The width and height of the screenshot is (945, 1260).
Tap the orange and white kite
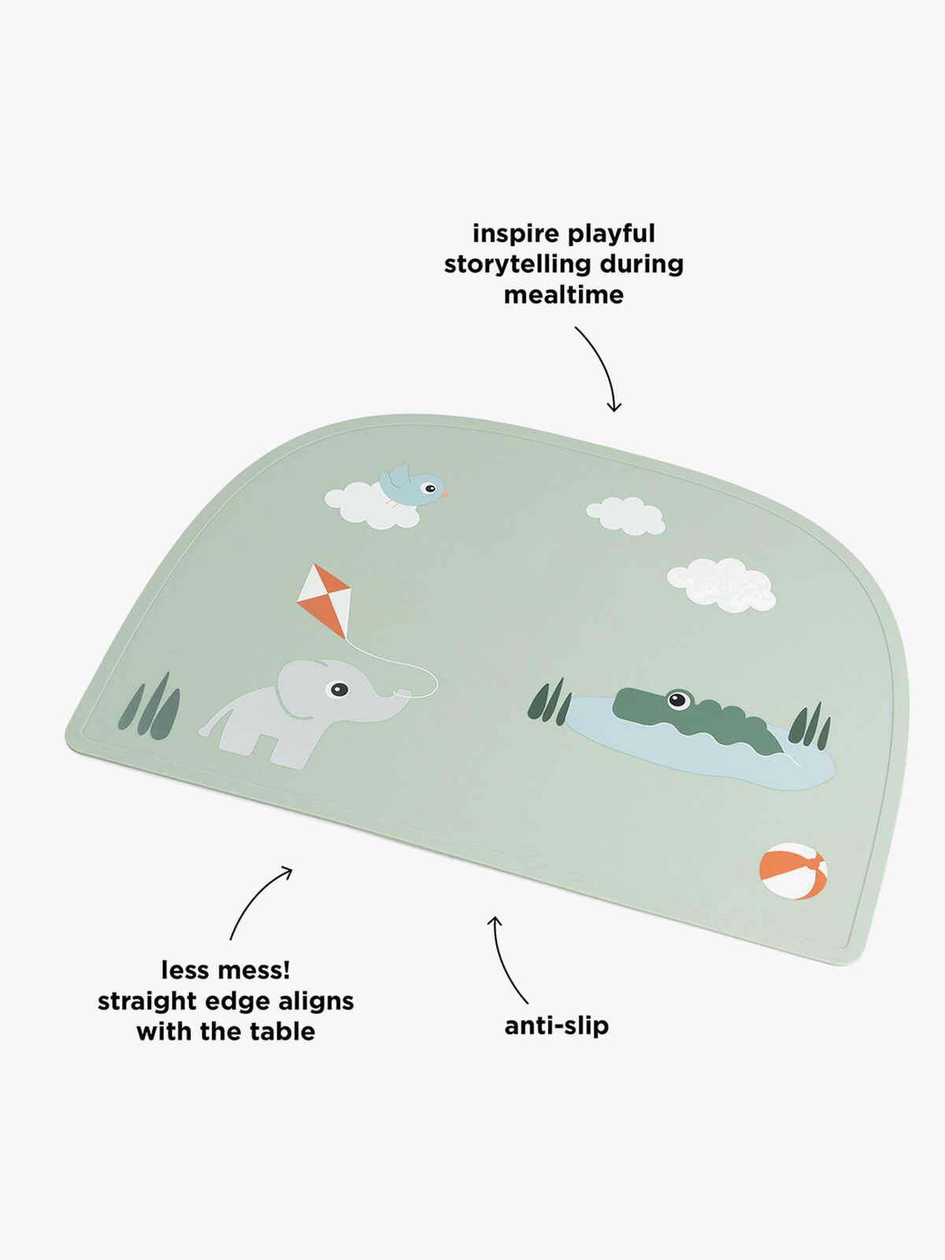coord(324,599)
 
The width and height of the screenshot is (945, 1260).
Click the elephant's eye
coord(338,690)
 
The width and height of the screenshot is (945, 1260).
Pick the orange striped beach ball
coord(793,871)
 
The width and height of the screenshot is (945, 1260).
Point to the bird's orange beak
coord(445,493)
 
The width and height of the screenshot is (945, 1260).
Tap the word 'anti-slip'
coord(557,1025)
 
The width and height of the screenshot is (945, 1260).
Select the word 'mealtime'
coord(563,295)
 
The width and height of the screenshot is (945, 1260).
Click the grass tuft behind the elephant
coord(152,706)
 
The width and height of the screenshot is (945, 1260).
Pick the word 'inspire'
coord(516,234)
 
